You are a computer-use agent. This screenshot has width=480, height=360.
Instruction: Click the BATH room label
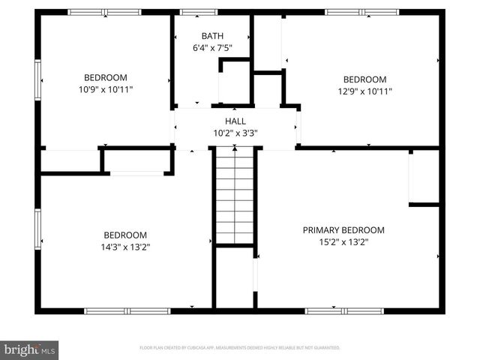[212, 36]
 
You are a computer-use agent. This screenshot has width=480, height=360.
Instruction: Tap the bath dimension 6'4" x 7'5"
[212, 49]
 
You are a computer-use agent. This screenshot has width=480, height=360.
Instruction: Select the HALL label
[235, 121]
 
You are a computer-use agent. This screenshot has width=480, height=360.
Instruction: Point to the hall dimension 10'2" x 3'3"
[235, 133]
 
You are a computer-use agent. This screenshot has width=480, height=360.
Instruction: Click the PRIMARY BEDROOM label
[343, 230]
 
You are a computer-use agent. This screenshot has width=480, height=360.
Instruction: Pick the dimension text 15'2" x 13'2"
[343, 242]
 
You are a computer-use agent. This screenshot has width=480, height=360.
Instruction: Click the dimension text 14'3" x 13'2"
[125, 247]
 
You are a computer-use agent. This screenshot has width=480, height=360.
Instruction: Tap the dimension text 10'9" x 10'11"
[105, 89]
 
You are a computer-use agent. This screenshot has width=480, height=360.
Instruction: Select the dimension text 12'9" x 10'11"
[364, 91]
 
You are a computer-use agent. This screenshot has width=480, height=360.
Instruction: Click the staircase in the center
[235, 195]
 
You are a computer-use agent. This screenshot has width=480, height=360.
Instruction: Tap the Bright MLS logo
[29, 349]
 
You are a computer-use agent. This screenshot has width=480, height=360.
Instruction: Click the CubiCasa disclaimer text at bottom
[240, 348]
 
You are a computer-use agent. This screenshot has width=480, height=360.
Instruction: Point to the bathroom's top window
[199, 12]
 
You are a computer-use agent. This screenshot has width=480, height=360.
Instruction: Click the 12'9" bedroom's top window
[352, 12]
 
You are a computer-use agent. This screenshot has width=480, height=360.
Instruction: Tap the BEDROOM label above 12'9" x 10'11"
[364, 79]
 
